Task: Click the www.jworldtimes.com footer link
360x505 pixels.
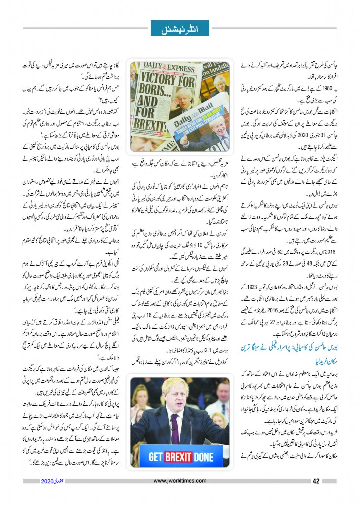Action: [180, 482]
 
